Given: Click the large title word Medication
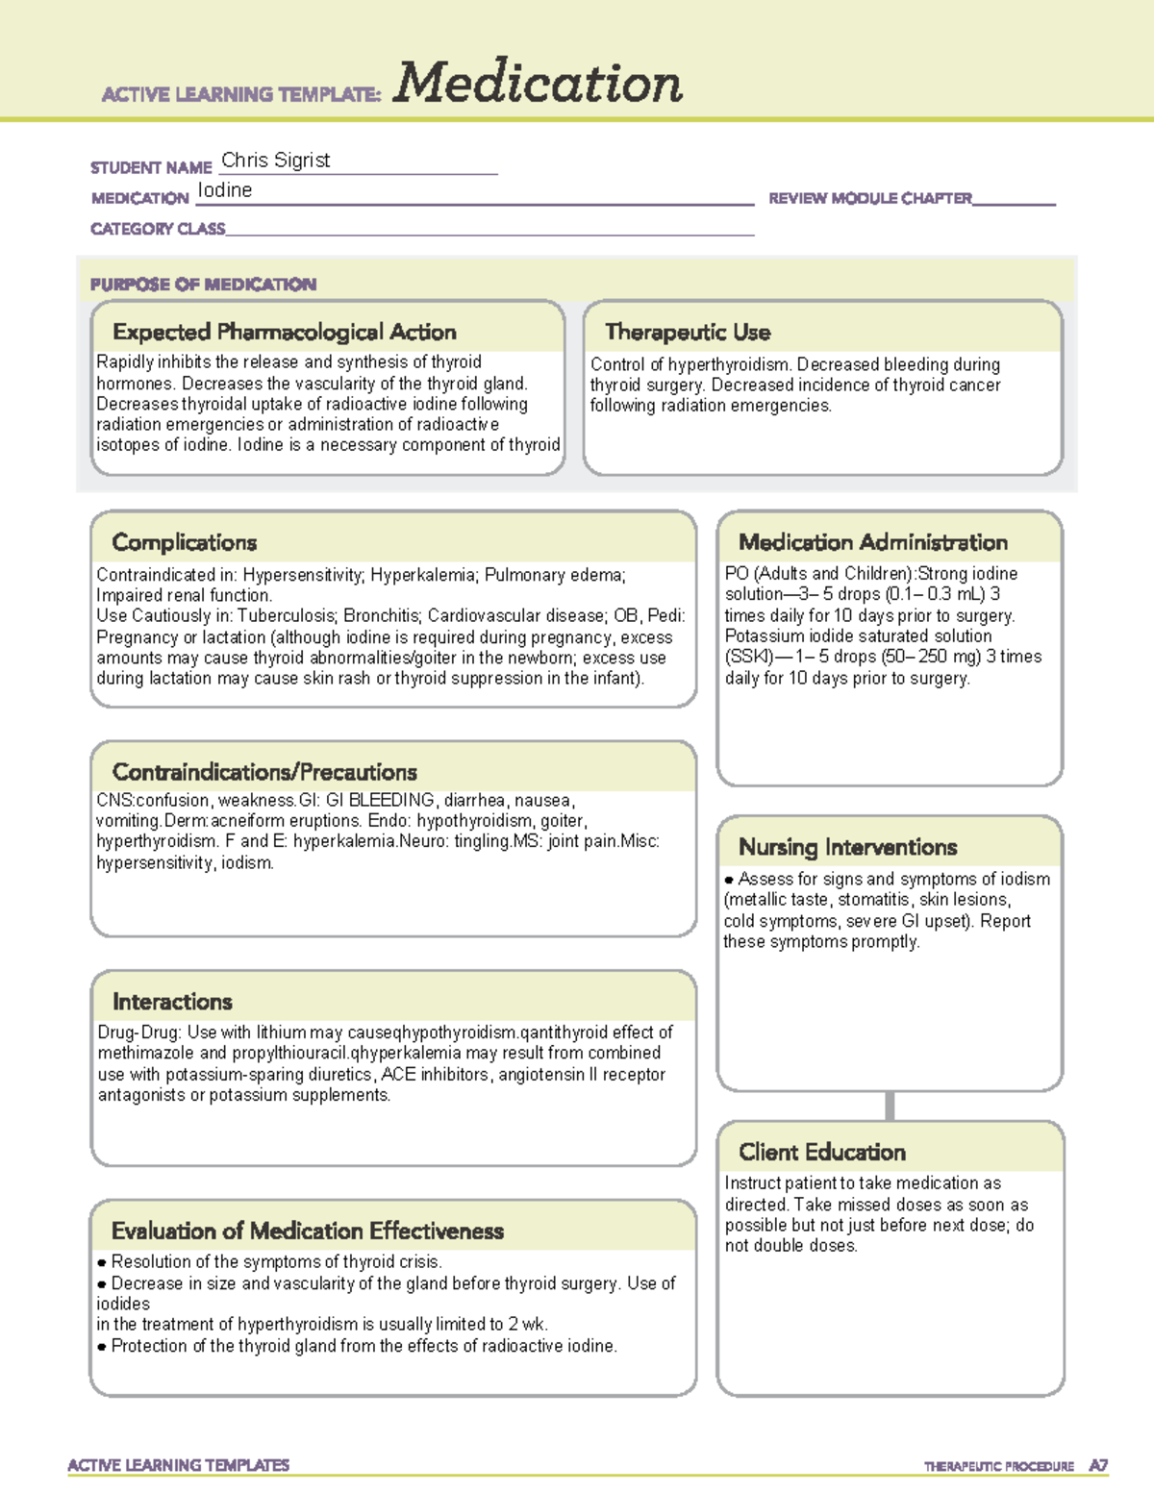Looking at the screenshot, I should point(538,84).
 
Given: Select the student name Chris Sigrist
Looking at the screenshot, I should point(275,161).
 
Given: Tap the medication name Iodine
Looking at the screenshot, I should point(225,190).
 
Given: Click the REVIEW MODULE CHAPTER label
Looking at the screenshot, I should point(869,198).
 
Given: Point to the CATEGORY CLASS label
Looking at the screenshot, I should point(158,229).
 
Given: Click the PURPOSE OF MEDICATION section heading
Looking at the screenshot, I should point(203,285).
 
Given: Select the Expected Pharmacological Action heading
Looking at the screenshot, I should point(284,332).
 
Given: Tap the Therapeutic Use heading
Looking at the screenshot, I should point(688,332).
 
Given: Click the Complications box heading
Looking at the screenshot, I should point(184,542).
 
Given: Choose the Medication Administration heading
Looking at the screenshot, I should point(872,542).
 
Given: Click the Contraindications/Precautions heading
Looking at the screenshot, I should point(264,772).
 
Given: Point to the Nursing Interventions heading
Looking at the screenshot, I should point(847,847).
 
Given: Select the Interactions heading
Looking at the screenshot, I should point(172,1002).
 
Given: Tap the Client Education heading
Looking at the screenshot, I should point(822,1152).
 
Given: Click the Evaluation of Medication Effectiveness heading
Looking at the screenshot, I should point(307,1231).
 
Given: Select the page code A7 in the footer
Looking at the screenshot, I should point(1097,1466).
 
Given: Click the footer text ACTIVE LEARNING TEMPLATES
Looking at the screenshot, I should point(179,1465).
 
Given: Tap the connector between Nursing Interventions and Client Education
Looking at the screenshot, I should point(890,1106).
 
